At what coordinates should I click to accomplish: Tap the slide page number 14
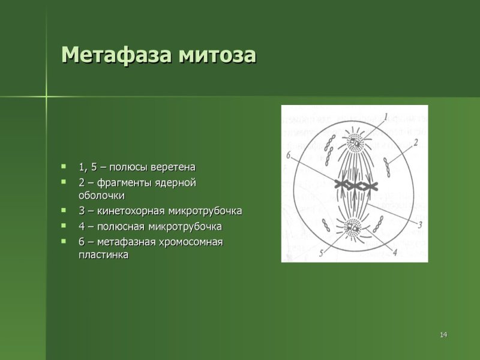tap(443, 334)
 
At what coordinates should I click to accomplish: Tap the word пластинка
tap(103, 255)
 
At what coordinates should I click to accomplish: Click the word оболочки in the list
tap(101, 196)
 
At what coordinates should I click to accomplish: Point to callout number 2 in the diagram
tap(415, 142)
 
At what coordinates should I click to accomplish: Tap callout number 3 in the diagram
tap(419, 224)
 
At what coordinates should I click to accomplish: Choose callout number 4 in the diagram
tap(394, 253)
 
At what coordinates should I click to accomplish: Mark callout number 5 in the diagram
tap(322, 254)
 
